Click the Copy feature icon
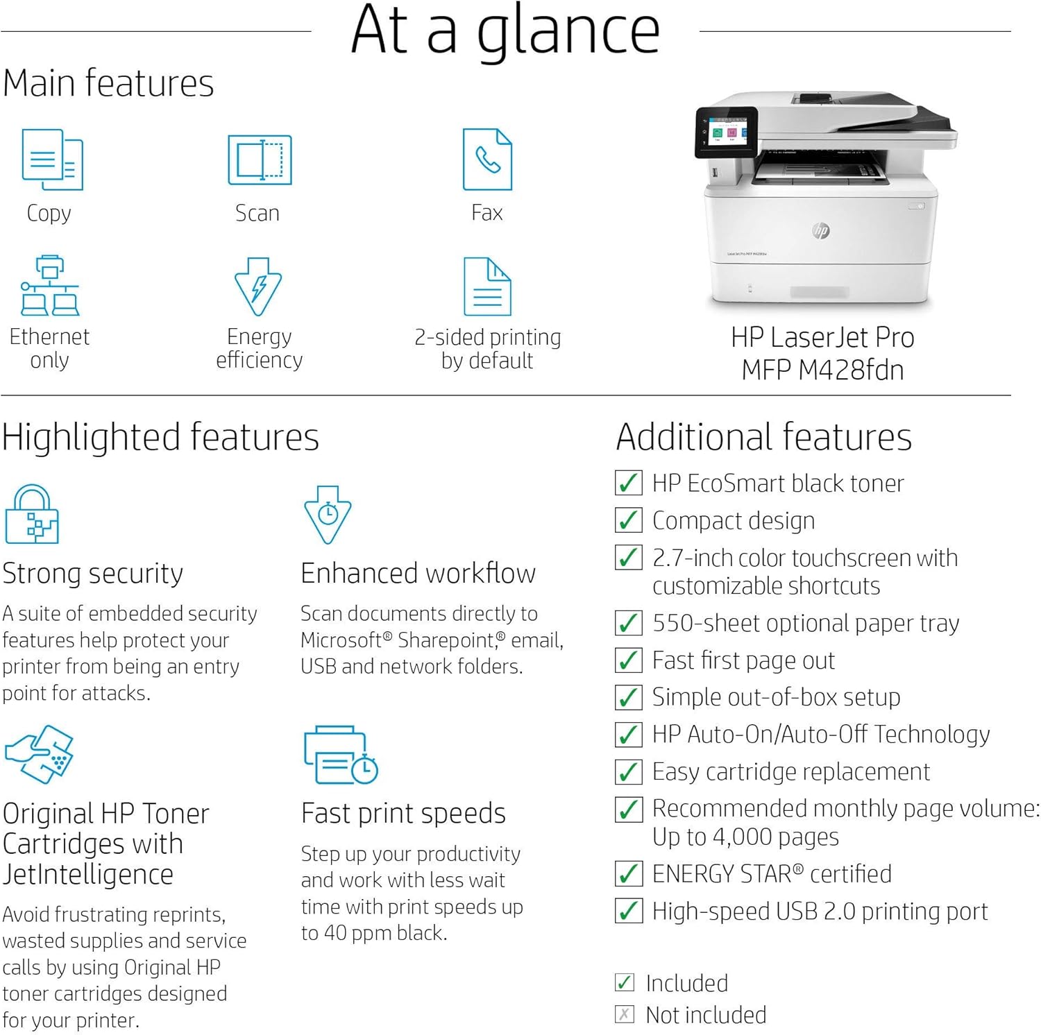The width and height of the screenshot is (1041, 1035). [53, 160]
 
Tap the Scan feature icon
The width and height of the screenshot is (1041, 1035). [260, 160]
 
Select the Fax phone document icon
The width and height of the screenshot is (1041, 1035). [487, 160]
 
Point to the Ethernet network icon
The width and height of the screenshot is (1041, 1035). [50, 285]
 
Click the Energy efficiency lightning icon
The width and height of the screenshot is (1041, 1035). [258, 286]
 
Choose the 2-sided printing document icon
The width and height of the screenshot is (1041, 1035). [487, 286]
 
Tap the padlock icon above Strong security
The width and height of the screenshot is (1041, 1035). [32, 514]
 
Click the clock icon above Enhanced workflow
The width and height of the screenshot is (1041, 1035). [328, 514]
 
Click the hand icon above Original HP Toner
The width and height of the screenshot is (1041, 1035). [39, 754]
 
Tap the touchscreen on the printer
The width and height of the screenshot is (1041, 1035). [727, 130]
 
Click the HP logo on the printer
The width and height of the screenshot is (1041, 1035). [821, 231]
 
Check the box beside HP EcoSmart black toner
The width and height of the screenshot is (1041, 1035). [628, 483]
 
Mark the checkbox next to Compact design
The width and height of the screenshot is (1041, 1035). [628, 520]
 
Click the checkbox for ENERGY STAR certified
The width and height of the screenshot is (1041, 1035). [628, 874]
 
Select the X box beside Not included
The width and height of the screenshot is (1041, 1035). [625, 1015]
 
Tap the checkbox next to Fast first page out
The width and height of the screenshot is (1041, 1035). [628, 660]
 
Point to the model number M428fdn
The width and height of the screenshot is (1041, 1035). [851, 370]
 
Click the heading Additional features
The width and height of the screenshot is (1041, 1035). [763, 437]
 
